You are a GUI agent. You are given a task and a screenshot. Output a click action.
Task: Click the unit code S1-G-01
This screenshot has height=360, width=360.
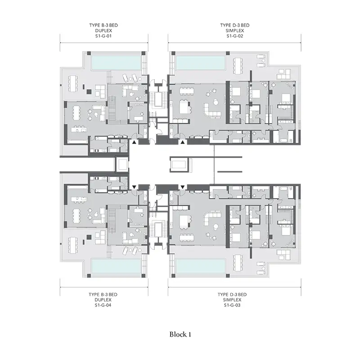(x=103, y=36)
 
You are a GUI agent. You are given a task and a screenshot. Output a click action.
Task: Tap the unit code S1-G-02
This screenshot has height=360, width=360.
(x=234, y=36)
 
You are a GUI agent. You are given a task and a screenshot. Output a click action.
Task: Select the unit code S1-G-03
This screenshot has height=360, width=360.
(x=232, y=305)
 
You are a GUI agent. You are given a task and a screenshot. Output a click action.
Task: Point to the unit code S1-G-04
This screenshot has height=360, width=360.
(x=103, y=305)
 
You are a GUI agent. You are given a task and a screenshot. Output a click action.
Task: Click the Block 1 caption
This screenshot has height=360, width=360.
(x=180, y=334)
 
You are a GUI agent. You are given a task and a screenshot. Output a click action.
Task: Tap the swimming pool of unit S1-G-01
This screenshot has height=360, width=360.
(x=116, y=62)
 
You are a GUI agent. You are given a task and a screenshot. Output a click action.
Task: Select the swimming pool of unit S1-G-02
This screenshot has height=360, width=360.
(x=200, y=62)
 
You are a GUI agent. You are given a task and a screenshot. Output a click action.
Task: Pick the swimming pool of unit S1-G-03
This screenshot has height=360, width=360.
(x=200, y=266)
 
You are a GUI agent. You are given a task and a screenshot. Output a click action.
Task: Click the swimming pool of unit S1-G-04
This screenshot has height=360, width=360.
(x=116, y=266)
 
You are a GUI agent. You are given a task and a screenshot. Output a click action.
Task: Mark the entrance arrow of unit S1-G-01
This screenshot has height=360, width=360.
(x=134, y=142)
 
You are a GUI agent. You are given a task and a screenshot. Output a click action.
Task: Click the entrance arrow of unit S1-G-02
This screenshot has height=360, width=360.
(x=183, y=142)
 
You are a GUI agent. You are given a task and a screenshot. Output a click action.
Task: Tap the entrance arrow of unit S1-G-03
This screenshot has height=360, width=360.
(x=183, y=187)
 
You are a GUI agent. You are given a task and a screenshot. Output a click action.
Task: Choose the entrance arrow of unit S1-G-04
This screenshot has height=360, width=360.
(x=134, y=187)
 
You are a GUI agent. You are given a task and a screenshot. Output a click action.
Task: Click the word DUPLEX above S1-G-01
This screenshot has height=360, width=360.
(x=103, y=31)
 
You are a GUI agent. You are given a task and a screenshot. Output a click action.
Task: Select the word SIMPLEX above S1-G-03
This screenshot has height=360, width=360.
(x=232, y=300)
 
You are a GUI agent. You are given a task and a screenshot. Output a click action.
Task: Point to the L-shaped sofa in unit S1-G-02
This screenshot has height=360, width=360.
(x=211, y=111)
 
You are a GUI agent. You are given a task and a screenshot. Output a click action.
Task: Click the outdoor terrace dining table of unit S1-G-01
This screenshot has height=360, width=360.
(x=73, y=84)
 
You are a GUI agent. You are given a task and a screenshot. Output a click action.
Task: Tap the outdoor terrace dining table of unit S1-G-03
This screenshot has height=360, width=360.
(x=238, y=263)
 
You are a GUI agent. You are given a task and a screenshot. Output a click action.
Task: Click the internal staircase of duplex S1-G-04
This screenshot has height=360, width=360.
(x=112, y=219)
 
